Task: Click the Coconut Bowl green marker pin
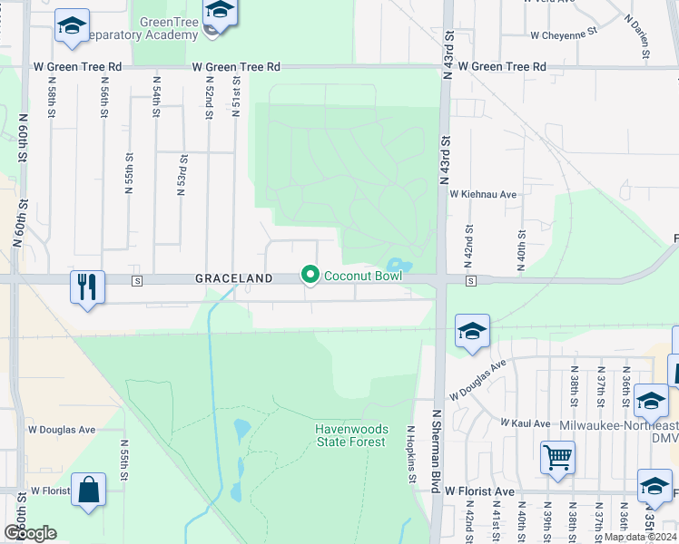pos(310,274)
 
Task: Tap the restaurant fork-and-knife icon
pos(87,287)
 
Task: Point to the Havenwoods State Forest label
pos(351,435)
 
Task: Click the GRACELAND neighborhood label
pos(233,279)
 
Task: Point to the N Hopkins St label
pos(411,454)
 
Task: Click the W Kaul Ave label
pos(527,423)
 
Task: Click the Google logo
pos(30,532)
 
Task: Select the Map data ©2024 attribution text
pos(641,537)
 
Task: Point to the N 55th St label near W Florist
pos(123,463)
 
